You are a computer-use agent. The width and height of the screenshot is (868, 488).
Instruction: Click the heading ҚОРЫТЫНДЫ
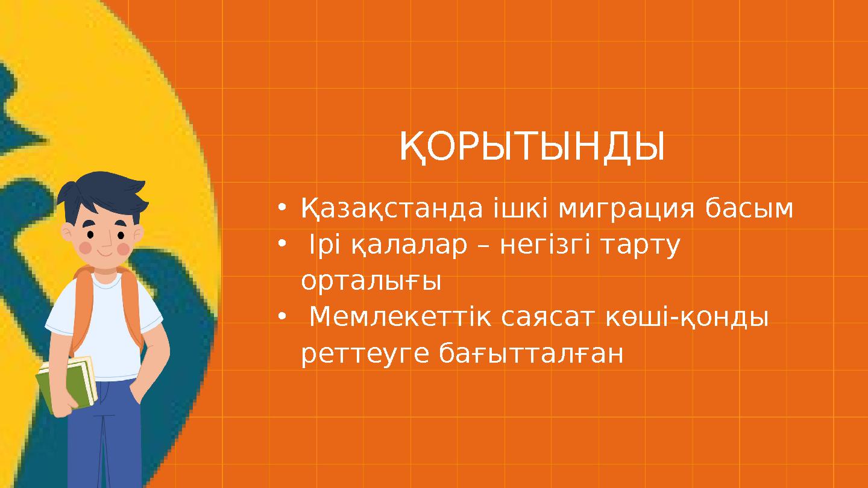coord(532,148)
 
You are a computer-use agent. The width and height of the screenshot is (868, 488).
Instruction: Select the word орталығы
coord(371,282)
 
